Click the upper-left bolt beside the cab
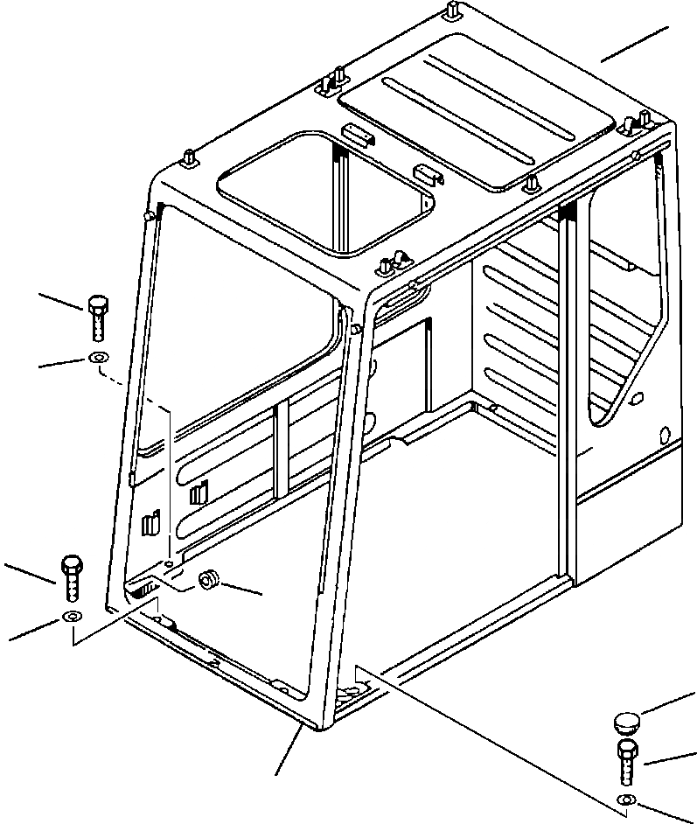pos(97,318)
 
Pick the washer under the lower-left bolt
pos(71,619)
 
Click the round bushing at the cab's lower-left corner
pos(209,581)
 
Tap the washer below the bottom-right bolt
pos(624,800)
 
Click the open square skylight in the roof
pos(325,192)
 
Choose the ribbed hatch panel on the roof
pos(477,109)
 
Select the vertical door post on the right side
pos(568,394)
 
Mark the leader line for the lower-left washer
pos(35,630)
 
